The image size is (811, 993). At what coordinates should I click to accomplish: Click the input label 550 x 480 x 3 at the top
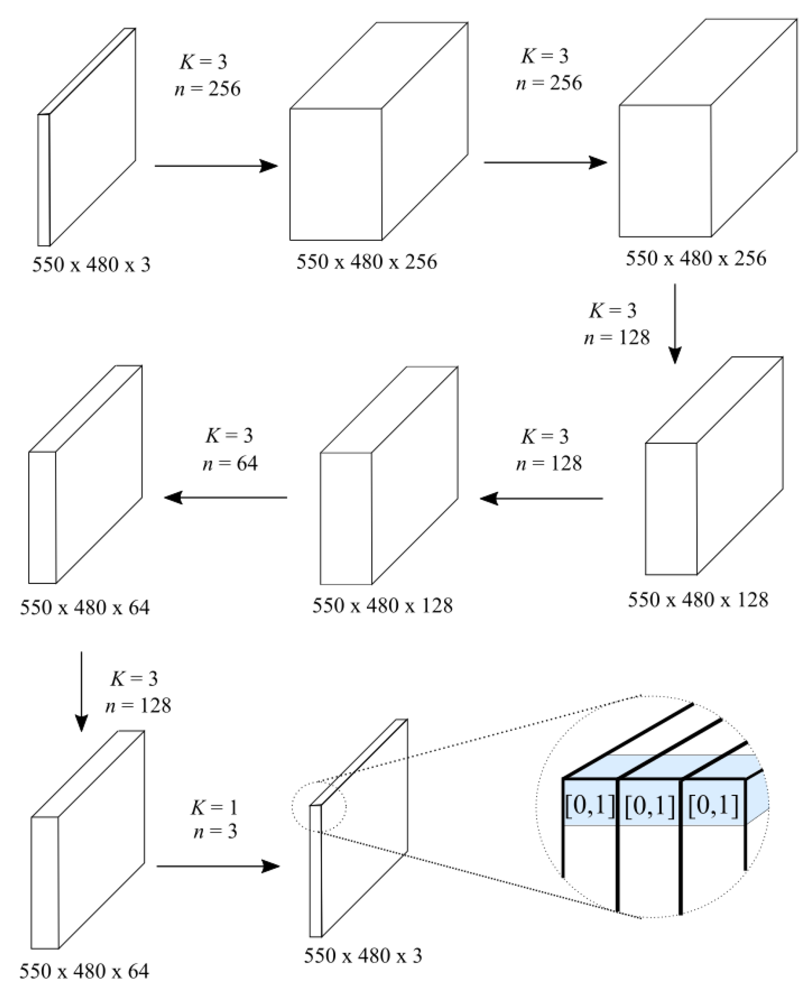91,265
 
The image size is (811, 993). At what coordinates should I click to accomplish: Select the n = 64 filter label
230,464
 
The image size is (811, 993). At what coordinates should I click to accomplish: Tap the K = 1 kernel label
214,808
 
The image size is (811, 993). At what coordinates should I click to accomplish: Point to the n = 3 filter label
215,831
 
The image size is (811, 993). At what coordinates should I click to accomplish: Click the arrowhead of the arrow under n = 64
173,497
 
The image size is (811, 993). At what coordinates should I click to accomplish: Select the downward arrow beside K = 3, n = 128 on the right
674,323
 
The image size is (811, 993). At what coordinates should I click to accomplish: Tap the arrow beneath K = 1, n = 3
217,866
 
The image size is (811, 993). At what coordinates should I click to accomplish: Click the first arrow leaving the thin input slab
216,165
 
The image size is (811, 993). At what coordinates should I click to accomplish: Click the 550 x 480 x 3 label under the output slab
363,956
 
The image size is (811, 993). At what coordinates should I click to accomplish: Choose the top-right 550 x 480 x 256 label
696,258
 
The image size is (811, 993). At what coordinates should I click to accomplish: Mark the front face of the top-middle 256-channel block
336,174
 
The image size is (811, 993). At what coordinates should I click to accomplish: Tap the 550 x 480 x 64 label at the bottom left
84,971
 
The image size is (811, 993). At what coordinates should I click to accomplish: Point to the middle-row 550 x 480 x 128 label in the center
382,606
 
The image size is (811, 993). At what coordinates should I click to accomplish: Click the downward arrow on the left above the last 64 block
81,691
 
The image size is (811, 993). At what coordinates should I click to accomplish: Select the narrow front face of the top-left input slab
43,180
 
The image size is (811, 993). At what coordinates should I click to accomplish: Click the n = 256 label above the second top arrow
549,83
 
